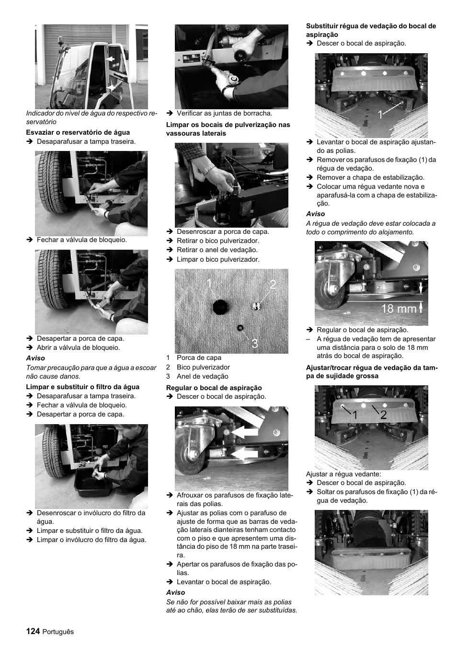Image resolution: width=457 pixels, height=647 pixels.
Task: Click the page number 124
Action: pos(33,631)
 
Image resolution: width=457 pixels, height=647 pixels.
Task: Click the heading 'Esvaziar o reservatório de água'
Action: pos(78,132)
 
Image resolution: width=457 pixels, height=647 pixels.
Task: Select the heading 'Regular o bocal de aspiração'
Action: pos(214,388)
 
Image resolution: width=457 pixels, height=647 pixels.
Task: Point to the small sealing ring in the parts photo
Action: pos(240,327)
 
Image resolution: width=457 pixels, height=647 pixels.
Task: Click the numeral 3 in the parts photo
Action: pos(254,343)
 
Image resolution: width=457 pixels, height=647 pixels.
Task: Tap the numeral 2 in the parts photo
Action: pos(273,285)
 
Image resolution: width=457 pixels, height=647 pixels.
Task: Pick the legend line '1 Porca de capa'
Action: pos(194,358)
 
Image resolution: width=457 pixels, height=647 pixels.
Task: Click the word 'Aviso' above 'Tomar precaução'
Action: pos(35,358)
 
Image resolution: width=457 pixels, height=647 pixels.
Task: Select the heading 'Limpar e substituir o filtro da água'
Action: pos(82,387)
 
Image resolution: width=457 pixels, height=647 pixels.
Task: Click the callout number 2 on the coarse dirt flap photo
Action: pos(383,415)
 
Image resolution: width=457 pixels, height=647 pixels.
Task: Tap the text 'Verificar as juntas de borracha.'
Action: pos(224,114)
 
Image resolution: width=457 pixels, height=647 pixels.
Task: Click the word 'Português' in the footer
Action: pos(58,632)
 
